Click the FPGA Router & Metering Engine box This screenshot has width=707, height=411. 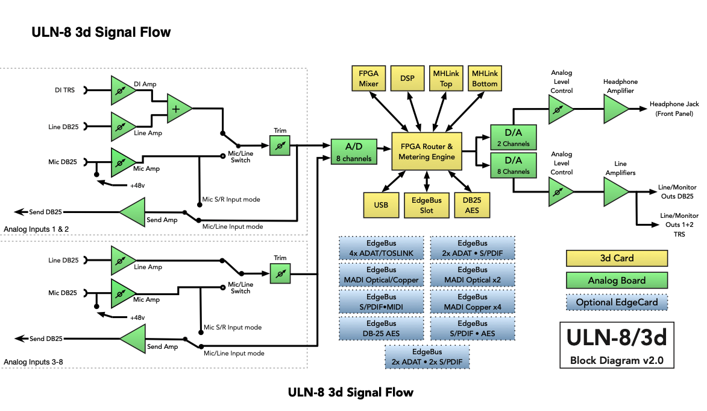click(x=427, y=152)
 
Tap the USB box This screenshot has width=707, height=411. click(x=381, y=205)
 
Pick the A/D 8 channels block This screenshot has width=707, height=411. click(x=354, y=151)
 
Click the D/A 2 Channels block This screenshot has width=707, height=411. click(x=510, y=137)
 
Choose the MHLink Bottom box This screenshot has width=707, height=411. click(x=485, y=78)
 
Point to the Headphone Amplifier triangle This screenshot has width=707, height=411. click(x=615, y=110)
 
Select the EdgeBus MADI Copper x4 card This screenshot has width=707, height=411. click(x=473, y=302)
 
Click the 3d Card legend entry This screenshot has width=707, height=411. click(x=616, y=258)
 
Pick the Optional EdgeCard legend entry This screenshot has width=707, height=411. click(x=616, y=302)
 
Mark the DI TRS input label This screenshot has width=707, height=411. click(x=65, y=91)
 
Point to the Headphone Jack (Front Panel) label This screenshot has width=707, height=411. click(x=674, y=109)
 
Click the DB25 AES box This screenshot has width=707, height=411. click(x=472, y=205)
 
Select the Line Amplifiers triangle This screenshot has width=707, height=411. click(x=615, y=192)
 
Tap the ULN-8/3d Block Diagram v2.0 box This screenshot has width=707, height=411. click(x=616, y=345)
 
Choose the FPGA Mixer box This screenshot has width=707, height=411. click(x=369, y=78)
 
